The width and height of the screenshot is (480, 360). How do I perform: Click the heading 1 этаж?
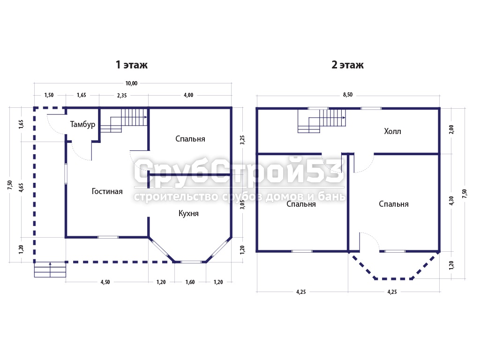coord(132,65)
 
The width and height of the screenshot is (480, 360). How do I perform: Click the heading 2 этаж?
coord(347,65)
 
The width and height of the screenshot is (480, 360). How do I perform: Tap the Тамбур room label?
coord(82,124)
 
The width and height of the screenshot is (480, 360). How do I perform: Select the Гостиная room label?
coord(107,191)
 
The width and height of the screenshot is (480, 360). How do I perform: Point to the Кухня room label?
coord(188,213)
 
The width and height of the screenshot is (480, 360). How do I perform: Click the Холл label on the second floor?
coord(392,131)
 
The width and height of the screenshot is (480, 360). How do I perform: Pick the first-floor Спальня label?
coord(190,139)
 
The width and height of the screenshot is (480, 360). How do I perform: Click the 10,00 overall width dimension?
coord(131,83)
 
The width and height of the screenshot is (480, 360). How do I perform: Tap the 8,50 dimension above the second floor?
coord(348,95)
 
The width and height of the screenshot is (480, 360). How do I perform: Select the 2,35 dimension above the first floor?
coord(122,96)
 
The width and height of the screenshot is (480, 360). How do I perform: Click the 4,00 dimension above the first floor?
coord(188,95)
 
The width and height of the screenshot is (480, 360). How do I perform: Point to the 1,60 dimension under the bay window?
coord(190,282)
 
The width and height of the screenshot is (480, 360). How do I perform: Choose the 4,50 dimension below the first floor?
coord(105,282)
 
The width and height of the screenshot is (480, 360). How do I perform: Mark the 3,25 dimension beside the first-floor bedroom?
coord(242,140)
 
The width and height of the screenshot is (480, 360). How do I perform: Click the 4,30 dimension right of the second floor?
coord(451,201)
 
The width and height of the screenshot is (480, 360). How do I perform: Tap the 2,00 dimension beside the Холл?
coord(451,129)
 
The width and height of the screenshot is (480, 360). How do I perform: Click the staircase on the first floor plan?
coord(124,120)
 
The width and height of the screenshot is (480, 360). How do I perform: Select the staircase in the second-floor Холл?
coord(322,121)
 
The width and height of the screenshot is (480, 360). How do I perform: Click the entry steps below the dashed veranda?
coord(50,270)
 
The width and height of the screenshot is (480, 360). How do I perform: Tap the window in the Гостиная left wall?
coord(66,174)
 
